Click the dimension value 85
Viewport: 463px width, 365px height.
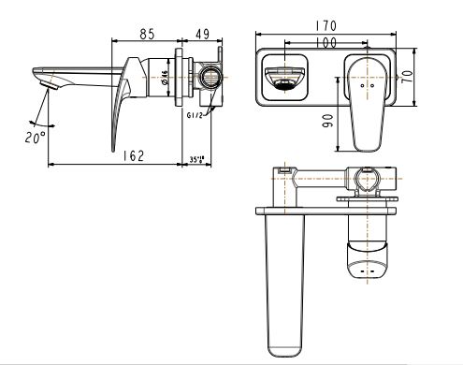[147, 34]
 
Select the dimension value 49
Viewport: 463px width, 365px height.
[203, 34]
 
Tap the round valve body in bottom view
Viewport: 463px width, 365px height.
[365, 177]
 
